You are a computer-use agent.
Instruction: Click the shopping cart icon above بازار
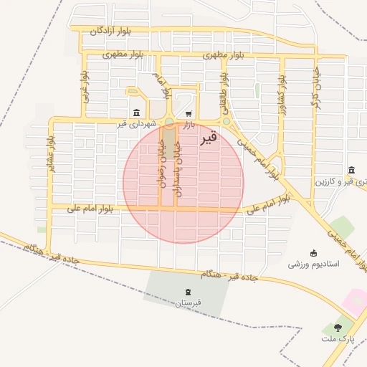(188, 113)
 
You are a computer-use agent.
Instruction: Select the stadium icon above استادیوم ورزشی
(313, 252)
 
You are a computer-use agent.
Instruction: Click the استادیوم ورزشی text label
(313, 264)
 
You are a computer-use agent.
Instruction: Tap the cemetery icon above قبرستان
(188, 292)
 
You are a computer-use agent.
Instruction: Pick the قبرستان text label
(188, 303)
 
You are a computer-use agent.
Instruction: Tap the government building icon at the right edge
(352, 170)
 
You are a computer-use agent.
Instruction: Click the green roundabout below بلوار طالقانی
(227, 122)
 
